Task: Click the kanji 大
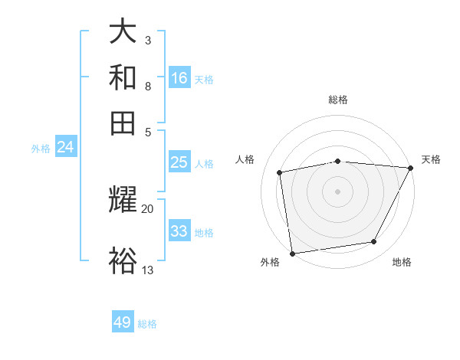[124, 32]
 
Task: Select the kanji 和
[124, 77]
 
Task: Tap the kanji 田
[124, 122]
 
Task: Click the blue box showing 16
[179, 77]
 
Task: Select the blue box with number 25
[179, 162]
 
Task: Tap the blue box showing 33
[179, 231]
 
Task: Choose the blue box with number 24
[65, 147]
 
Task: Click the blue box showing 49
[123, 322]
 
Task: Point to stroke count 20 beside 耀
[148, 208]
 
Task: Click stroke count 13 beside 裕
[148, 269]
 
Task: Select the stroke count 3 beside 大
[148, 40]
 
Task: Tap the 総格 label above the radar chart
[338, 100]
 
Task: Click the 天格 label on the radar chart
[431, 159]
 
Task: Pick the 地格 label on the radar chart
[402, 263]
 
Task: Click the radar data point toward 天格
[411, 168]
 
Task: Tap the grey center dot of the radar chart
[338, 191]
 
